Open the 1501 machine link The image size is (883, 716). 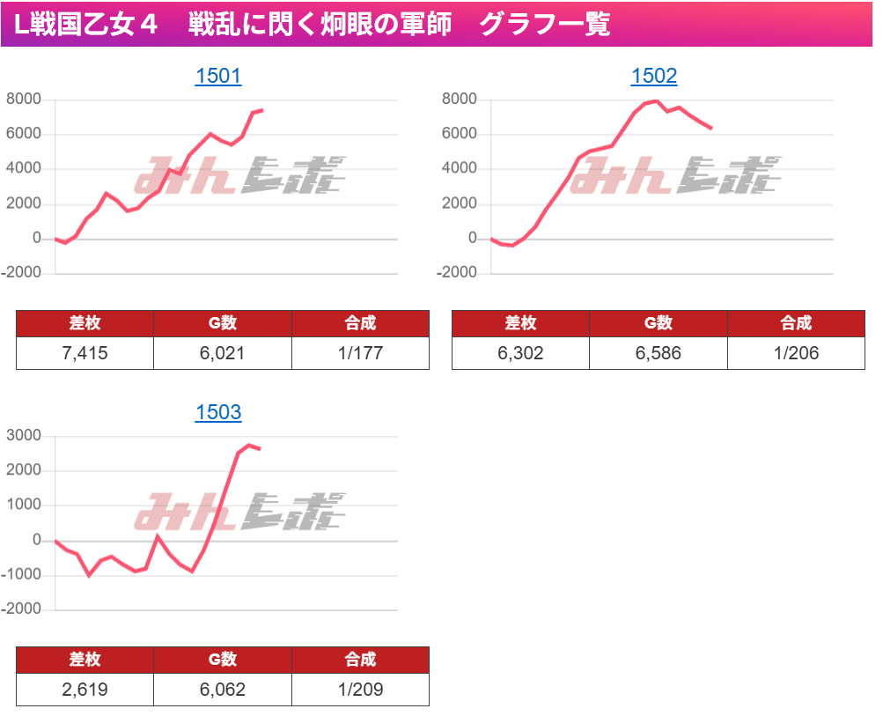pos(217,77)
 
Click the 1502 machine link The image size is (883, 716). pos(654,77)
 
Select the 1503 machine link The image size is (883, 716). pos(217,412)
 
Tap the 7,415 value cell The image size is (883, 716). pos(85,353)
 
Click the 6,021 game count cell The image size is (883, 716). pos(222,353)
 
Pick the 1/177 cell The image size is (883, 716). pos(360,353)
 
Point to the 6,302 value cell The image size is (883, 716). pos(520,353)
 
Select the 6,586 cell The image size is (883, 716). pos(658,353)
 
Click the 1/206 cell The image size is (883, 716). pos(796,353)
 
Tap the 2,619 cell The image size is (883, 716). pos(85,690)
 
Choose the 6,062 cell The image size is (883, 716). pos(222,690)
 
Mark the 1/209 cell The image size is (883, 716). pos(360,690)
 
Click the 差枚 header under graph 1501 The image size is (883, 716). pos(85,323)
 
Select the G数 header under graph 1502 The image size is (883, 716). pos(658,323)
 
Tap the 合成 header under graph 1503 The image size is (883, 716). pos(360,660)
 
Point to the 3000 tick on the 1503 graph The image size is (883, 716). pos(24,436)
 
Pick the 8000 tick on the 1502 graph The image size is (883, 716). pos(460,100)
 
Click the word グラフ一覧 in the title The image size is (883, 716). pos(545,25)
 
